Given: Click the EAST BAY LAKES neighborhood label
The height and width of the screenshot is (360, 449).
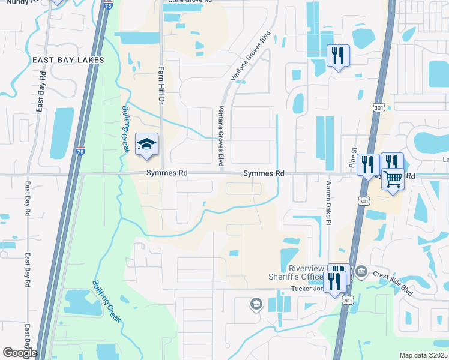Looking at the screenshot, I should [68, 60].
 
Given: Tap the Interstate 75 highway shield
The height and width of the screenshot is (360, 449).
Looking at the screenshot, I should [80, 151].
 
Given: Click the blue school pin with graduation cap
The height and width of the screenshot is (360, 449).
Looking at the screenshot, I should [146, 145].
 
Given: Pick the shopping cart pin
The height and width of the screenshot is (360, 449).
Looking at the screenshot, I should [392, 178].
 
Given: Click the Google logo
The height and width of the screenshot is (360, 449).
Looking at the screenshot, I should [19, 353].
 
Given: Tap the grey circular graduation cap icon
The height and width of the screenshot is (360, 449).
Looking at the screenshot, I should [256, 304].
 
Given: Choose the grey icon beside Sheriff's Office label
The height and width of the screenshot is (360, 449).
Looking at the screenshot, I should [361, 272].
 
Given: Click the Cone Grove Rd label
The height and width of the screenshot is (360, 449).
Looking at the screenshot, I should [190, 1].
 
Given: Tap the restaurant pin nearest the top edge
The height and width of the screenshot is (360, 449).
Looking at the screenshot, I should [338, 56].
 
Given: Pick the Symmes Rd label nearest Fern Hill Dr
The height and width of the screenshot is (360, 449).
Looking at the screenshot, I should [167, 173].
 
